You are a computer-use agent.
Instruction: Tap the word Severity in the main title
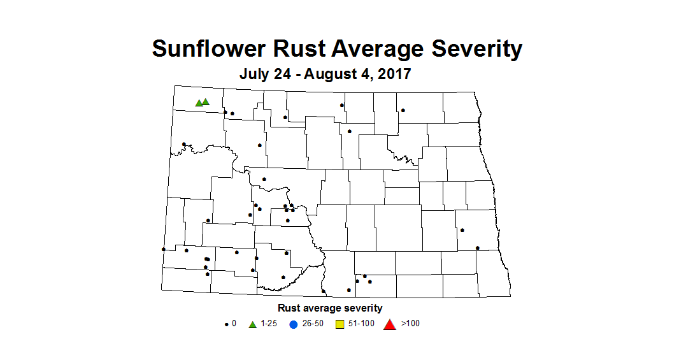pyautogui.click(x=475, y=48)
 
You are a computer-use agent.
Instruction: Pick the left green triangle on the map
pyautogui.click(x=199, y=103)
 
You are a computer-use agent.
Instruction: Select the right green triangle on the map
pyautogui.click(x=206, y=101)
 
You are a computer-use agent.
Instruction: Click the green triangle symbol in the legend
pyautogui.click(x=253, y=324)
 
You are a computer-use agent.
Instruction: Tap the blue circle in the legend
pyautogui.click(x=294, y=324)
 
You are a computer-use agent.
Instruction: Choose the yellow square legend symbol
pyautogui.click(x=340, y=324)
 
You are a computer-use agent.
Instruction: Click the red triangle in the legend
pyautogui.click(x=389, y=324)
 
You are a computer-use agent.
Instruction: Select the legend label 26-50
pyautogui.click(x=313, y=324)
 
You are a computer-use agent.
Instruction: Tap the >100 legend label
pyautogui.click(x=410, y=324)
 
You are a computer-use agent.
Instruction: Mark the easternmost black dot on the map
pyautogui.click(x=478, y=248)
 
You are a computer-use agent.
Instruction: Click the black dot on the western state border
pyautogui.click(x=164, y=249)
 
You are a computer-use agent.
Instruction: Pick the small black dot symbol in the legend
pyautogui.click(x=227, y=324)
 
